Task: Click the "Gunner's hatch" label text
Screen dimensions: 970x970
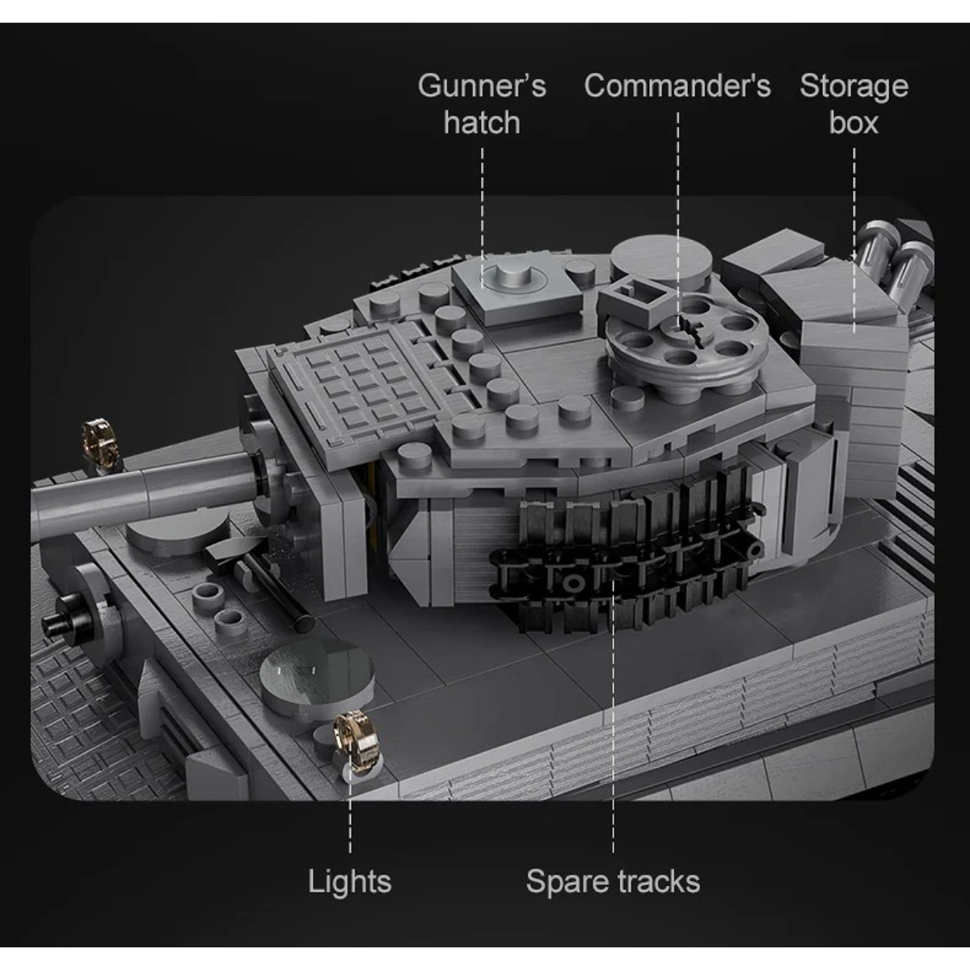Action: click(x=482, y=104)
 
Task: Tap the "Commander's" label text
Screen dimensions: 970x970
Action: click(x=677, y=86)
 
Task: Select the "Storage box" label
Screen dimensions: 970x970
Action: click(x=854, y=104)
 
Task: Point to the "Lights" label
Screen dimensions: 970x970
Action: click(x=350, y=882)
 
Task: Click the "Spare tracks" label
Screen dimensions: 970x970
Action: click(x=613, y=882)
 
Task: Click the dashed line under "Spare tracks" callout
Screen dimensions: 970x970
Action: click(x=613, y=715)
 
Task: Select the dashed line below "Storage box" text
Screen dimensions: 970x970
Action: click(x=854, y=240)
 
